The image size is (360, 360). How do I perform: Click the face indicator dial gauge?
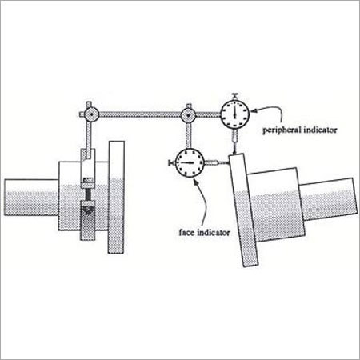click(x=190, y=162)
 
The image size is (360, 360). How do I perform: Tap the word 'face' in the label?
click(x=186, y=232)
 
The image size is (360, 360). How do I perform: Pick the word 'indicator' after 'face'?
click(x=214, y=233)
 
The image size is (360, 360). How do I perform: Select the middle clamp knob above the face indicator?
click(x=188, y=115)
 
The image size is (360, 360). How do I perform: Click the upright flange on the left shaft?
click(x=116, y=197)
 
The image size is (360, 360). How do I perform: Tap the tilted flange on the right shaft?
click(x=243, y=210)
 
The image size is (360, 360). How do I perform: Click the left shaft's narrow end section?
click(x=31, y=197)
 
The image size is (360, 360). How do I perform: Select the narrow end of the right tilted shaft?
click(x=329, y=199)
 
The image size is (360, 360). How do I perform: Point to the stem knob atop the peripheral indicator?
click(x=234, y=96)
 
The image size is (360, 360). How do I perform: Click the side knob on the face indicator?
click(x=171, y=162)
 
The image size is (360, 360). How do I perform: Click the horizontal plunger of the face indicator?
click(x=217, y=162)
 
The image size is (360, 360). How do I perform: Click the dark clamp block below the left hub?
click(x=88, y=221)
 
